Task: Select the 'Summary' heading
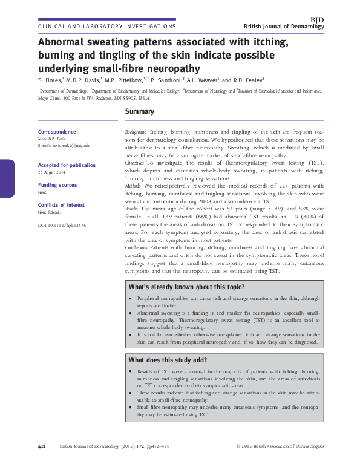(x=139, y=112)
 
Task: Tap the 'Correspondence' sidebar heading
(x=57, y=132)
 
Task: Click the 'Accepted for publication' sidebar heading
(x=67, y=165)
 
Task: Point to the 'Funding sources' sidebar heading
(x=57, y=185)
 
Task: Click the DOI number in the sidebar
(x=62, y=224)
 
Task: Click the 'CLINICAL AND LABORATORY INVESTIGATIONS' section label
(x=107, y=27)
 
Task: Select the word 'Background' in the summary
(x=136, y=131)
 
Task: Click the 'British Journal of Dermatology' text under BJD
(x=284, y=27)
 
